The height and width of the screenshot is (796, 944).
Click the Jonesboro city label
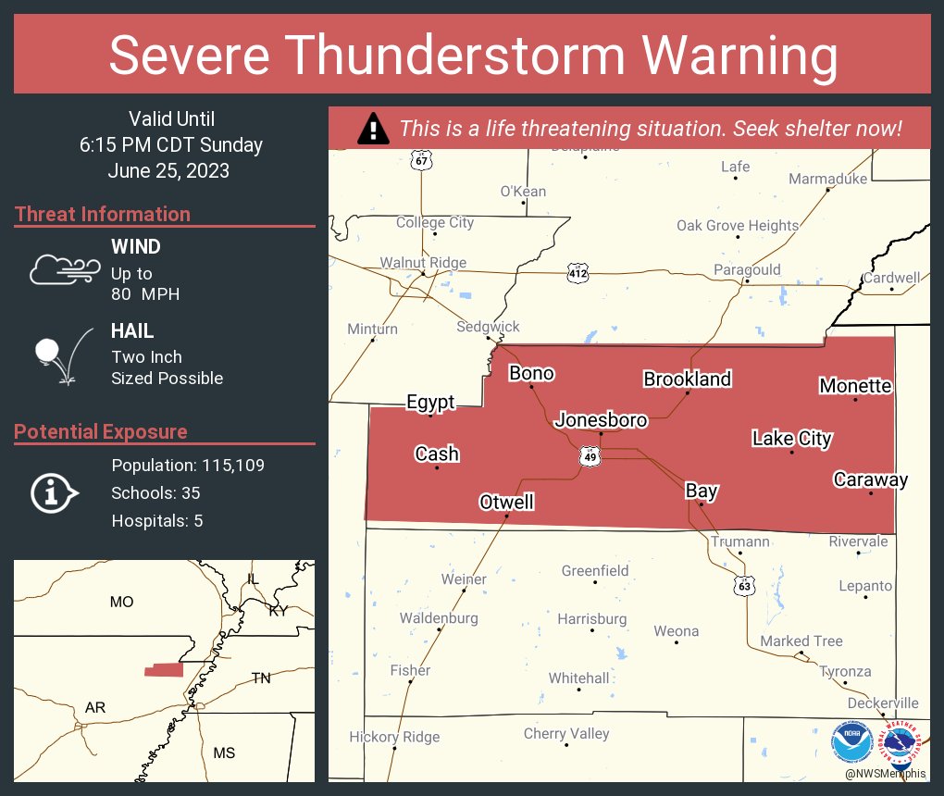point(601,420)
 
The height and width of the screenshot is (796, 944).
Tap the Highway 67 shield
point(421,161)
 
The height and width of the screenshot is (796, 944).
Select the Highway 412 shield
point(578,273)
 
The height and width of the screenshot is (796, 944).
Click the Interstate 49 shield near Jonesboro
point(589,456)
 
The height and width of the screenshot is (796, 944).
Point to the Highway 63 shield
point(744,585)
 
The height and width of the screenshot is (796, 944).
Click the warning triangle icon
point(373,129)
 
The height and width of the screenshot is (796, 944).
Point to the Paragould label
point(747,270)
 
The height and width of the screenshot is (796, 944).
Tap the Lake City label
point(791,439)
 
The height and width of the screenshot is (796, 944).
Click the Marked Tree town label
point(801,641)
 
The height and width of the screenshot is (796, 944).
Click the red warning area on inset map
point(163,670)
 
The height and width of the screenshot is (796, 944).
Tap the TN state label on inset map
point(261,678)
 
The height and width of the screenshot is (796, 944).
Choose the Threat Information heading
point(103,214)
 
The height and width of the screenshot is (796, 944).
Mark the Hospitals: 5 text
point(156,521)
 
